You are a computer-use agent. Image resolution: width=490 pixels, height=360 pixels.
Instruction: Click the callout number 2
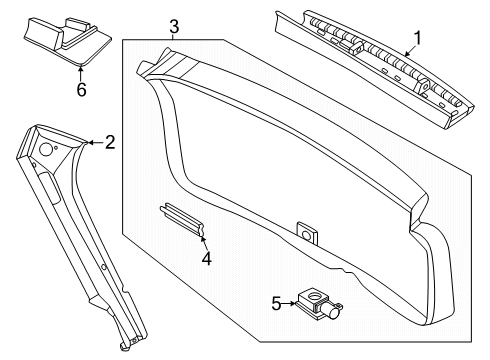(x=110, y=143)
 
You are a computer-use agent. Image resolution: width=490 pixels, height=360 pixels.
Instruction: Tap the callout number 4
(x=206, y=259)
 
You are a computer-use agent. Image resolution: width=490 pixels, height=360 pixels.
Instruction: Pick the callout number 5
(x=277, y=302)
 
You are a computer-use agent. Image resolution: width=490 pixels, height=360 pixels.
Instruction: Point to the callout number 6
(x=82, y=89)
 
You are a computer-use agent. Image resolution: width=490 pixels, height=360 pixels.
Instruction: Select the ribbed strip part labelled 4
(x=181, y=218)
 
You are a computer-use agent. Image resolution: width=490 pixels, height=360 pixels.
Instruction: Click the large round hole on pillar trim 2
(x=46, y=149)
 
